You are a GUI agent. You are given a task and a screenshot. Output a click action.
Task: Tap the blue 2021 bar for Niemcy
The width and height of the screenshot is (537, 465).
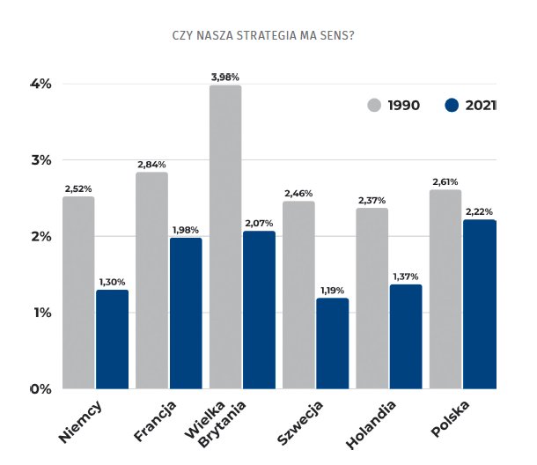point(112,339)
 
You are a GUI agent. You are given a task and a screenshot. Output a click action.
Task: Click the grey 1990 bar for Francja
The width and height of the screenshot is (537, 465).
point(151,280)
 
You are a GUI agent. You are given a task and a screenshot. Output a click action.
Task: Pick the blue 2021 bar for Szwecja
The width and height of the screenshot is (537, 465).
point(333,343)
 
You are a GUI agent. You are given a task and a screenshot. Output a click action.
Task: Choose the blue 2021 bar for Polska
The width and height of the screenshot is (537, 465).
point(480,304)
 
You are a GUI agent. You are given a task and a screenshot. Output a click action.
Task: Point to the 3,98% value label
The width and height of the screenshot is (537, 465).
point(225,77)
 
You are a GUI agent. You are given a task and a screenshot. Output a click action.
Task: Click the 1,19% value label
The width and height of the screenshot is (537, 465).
point(333,290)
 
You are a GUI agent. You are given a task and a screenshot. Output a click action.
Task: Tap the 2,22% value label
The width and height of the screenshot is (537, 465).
point(480,211)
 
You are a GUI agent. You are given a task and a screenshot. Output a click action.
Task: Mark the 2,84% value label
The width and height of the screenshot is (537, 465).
point(151,164)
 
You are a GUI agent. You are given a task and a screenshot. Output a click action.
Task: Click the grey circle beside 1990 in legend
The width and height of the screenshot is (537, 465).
point(374,106)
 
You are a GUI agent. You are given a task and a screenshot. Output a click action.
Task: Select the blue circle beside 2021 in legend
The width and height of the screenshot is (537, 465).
point(452,106)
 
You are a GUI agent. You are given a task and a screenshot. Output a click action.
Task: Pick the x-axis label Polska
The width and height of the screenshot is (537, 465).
point(450,417)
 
